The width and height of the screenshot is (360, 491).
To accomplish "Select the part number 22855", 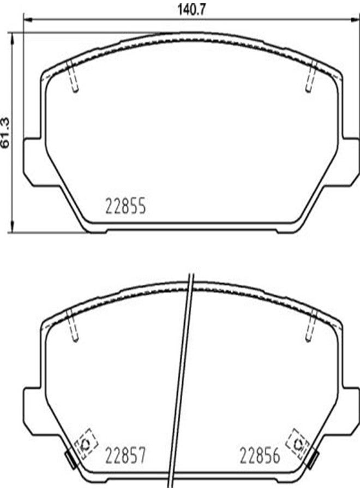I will click(x=125, y=208).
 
